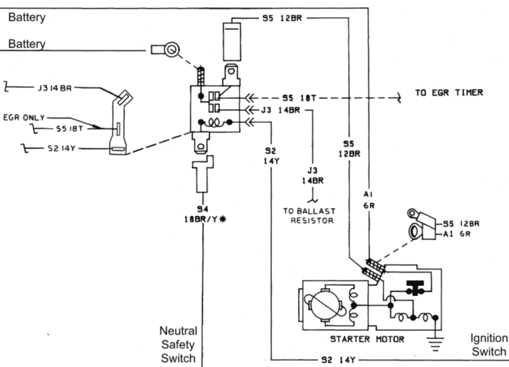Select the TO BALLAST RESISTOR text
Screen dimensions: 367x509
[x=309, y=215]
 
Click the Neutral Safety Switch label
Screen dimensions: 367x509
[x=178, y=344]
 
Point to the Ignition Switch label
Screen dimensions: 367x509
[x=489, y=345]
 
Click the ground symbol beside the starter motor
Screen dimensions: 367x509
[x=436, y=343]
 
